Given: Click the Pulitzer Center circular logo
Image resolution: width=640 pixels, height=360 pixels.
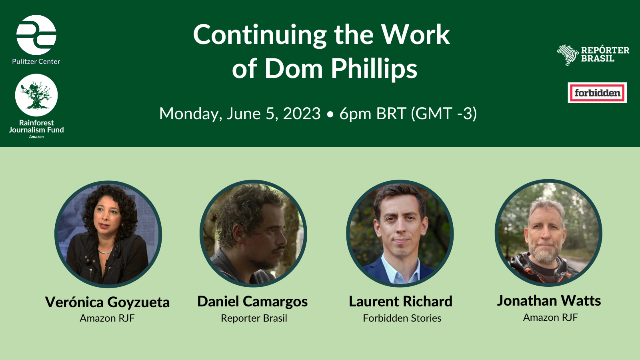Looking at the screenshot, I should point(36,35).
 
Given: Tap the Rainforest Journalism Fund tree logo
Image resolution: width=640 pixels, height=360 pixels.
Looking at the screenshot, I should point(36,95).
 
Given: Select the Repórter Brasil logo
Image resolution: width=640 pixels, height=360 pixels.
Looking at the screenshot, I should point(593,55).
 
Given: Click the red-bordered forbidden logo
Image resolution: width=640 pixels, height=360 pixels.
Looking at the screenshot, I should point(597,93).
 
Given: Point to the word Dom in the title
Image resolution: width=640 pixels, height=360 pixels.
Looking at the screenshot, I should point(293,68).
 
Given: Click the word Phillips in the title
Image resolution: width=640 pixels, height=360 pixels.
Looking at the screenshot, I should point(374,68).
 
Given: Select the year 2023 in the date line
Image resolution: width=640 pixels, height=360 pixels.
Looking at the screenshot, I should point(302,114).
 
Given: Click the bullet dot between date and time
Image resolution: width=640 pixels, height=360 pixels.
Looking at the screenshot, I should point(330,115).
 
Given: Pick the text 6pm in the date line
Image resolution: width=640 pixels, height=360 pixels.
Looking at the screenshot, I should point(356,114).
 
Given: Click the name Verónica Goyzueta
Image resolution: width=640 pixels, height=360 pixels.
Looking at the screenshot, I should point(107,302).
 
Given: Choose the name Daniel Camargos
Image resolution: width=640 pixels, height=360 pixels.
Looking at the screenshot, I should point(252,302).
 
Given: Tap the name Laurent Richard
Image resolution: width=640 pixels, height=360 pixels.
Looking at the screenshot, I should point(400,302).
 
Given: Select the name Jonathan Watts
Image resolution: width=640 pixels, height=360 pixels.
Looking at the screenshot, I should point(549,301).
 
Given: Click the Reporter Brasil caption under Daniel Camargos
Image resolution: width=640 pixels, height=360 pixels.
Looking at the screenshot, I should point(254,318).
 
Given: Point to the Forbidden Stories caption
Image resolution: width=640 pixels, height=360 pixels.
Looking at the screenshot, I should point(402,318).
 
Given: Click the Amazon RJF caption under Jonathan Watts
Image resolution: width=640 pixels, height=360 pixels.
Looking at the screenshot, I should point(550,318).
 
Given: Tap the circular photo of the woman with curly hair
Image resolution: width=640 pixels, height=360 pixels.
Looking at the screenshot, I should point(108,234).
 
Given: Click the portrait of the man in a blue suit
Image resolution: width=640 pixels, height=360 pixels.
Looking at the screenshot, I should point(400,234).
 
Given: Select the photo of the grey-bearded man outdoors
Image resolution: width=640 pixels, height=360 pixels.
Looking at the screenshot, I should point(548,233).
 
